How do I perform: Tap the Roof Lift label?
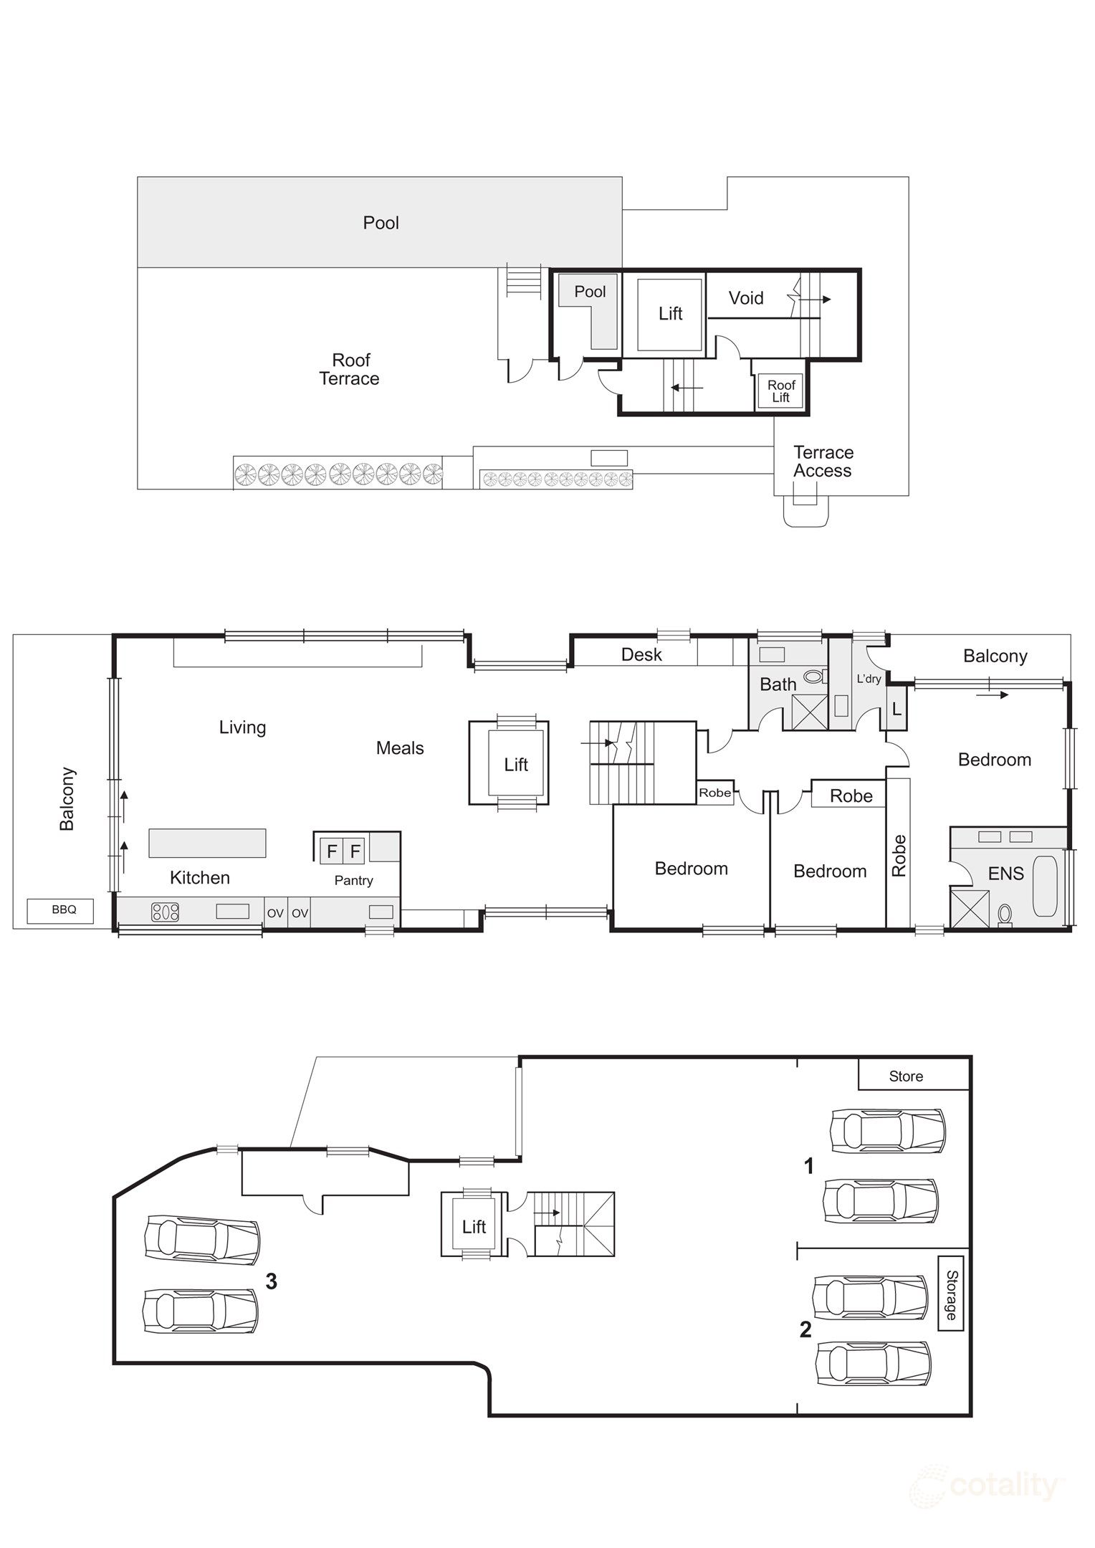[781, 391]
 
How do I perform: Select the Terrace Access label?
[823, 462]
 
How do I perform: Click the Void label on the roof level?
[746, 298]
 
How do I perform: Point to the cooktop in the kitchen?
[165, 912]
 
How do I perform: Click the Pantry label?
[353, 881]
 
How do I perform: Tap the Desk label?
[641, 654]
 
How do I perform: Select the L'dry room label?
[869, 679]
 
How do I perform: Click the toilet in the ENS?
[1005, 914]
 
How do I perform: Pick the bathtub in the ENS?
[1046, 886]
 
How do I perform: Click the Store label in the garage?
[906, 1076]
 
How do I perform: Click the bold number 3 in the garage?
[271, 1281]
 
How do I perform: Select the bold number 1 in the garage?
[809, 1166]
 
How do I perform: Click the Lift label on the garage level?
[474, 1227]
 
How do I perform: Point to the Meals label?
[400, 748]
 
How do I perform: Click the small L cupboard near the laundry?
[896, 709]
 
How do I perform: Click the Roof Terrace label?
[350, 370]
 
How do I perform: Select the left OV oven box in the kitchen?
[275, 913]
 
